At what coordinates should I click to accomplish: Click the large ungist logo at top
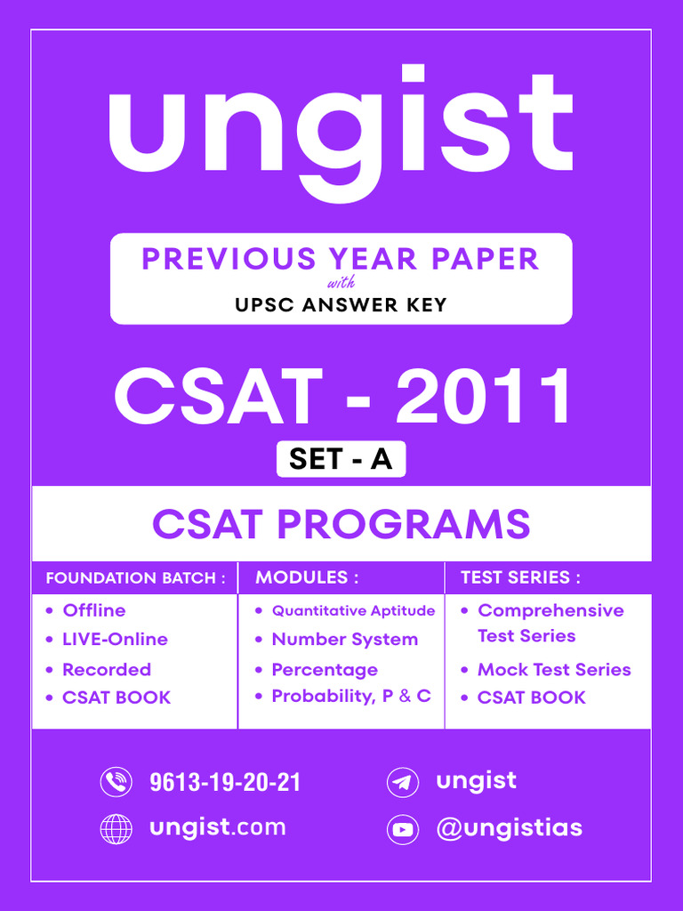341,129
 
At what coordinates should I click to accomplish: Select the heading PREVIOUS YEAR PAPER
341,259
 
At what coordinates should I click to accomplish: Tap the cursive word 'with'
341,285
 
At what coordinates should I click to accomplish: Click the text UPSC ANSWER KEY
341,305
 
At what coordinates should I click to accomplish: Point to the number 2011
484,397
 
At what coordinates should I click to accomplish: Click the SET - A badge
341,459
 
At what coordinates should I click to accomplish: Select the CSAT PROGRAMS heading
341,523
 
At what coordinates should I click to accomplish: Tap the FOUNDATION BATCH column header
130,578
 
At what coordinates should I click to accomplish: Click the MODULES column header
307,577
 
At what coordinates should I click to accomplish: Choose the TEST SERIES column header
520,577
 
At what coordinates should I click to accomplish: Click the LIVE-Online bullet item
115,639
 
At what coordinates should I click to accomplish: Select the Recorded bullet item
107,669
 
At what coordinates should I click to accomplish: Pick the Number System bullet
344,639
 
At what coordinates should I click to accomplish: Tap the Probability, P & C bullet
351,696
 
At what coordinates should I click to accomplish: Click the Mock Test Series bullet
554,669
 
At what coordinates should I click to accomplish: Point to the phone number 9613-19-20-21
225,782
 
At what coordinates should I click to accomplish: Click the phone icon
116,782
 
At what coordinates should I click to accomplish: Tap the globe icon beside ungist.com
116,828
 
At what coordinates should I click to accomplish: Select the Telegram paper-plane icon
403,783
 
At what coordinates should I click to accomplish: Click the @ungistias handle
509,828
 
